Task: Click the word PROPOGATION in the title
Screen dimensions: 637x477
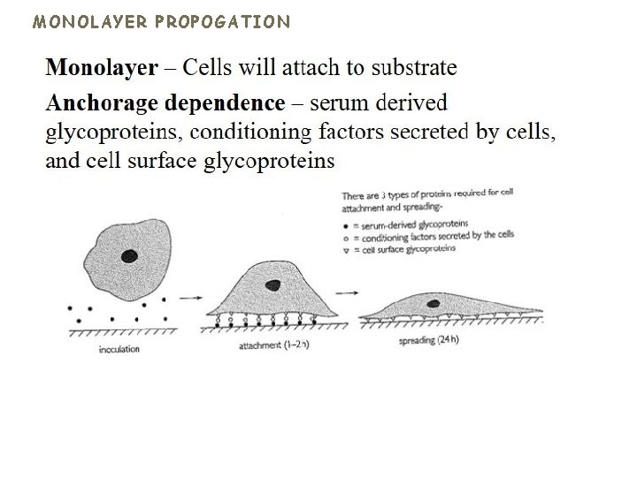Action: (224, 21)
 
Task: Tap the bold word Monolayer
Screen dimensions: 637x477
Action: (102, 67)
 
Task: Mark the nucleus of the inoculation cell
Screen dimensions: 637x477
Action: (129, 256)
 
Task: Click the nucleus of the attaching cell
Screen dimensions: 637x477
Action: (274, 284)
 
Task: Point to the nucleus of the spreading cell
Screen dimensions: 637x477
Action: (434, 304)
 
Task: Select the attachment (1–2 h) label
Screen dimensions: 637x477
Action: (272, 347)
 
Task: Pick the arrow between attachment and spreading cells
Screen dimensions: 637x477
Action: (348, 292)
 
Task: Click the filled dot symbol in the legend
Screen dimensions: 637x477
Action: (345, 224)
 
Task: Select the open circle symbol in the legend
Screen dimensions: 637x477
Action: (345, 236)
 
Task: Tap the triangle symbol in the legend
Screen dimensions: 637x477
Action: (345, 248)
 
